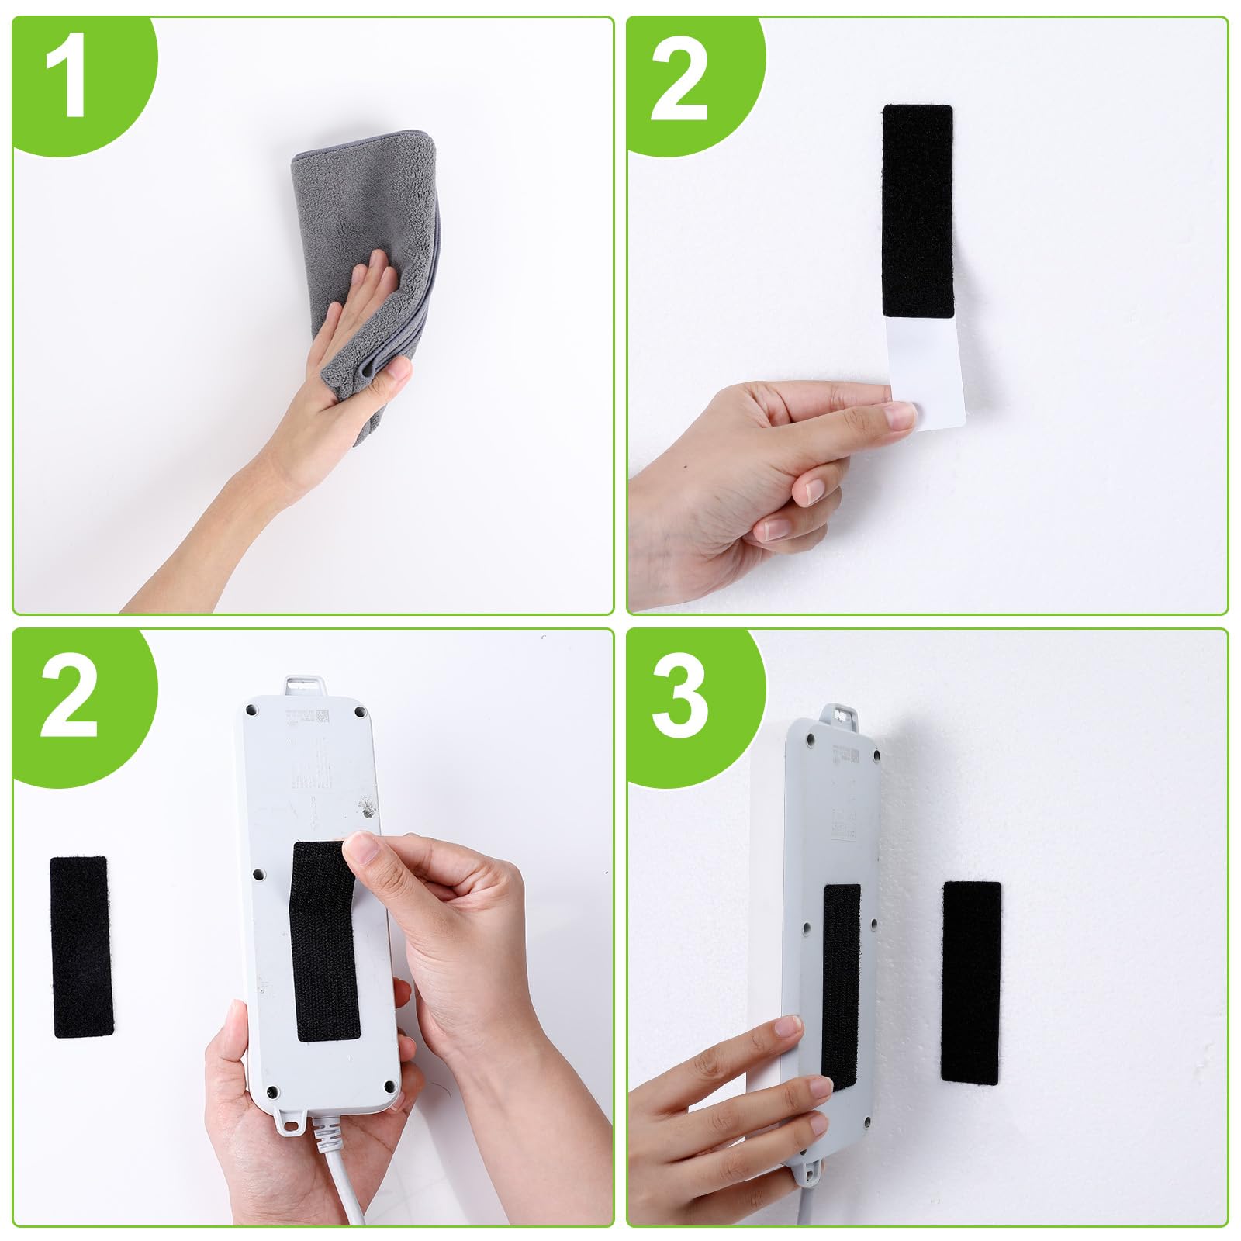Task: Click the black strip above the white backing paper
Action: coord(918,210)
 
